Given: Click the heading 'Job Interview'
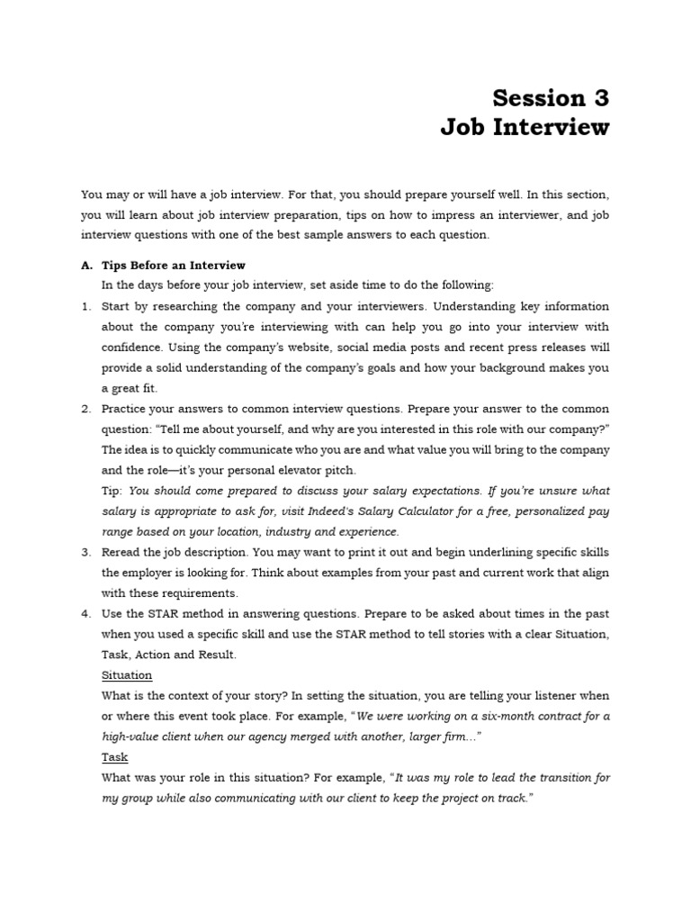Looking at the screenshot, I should coord(525,128).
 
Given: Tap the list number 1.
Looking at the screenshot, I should coord(86,306).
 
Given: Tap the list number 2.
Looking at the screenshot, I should coord(86,409).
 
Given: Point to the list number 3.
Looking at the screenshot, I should coord(86,552).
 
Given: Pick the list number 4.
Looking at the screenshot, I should coord(86,613).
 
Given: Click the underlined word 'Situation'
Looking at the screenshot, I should coord(127,675).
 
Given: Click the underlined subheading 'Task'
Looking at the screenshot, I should coord(114,757).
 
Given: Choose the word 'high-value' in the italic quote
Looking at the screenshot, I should coord(131,737).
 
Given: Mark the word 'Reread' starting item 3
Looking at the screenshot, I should coord(121,552).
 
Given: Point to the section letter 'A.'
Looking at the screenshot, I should coord(87,266).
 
